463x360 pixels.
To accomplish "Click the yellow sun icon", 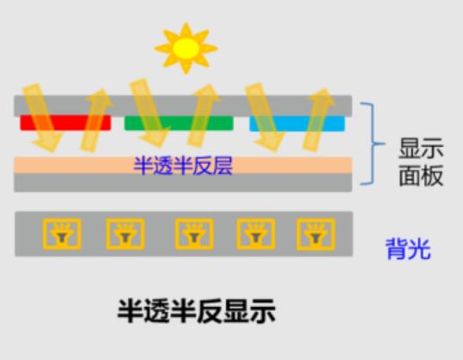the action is click(186, 48).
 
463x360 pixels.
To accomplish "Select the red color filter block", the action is click(65, 123).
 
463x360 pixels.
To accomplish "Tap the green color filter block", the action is click(179, 123).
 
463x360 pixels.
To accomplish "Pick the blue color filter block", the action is click(297, 124).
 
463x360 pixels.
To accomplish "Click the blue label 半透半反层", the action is click(183, 166).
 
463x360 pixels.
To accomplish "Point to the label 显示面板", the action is click(421, 162).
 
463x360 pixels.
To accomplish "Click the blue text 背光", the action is click(408, 249).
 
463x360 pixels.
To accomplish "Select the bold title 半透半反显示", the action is click(197, 311).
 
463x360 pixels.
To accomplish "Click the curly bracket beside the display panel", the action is click(373, 143).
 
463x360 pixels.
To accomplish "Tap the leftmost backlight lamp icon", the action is click(62, 234).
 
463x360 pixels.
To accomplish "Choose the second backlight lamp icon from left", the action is click(125, 234).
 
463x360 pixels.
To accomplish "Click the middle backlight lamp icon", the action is click(194, 234).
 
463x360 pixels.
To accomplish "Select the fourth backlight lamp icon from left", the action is click(256, 234).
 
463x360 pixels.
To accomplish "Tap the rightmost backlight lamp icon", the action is click(315, 235).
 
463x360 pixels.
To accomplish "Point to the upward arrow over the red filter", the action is click(96, 120).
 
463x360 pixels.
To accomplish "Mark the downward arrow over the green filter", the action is click(149, 113).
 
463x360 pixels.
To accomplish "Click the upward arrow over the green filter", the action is click(203, 116).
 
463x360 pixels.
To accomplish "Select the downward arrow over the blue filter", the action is click(265, 117).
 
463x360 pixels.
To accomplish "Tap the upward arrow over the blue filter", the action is click(319, 119).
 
